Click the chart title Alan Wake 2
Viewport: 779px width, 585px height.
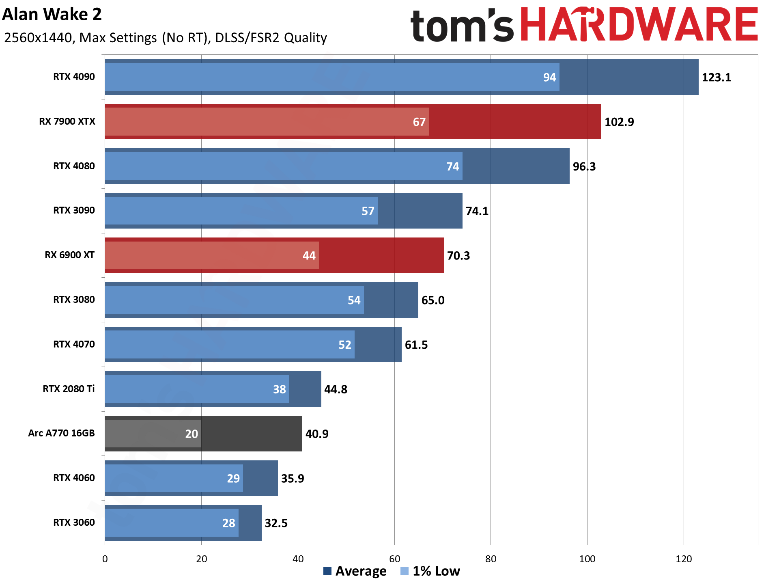[x=52, y=15]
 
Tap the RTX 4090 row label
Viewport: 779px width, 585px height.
[x=74, y=77]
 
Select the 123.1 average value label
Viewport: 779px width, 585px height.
[x=716, y=77]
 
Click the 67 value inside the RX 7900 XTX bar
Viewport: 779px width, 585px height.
[x=419, y=122]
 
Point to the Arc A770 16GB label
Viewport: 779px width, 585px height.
[x=61, y=433]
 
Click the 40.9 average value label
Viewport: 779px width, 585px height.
[x=317, y=434]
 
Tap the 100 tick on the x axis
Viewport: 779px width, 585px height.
[x=587, y=559]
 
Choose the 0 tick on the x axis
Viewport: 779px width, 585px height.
[x=105, y=559]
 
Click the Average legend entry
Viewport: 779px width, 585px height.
[x=355, y=571]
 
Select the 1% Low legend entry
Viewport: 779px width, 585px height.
[x=430, y=571]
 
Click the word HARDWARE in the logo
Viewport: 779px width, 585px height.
[x=639, y=25]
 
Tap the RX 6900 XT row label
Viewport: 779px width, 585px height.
[x=69, y=255]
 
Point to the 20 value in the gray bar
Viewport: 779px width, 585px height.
[x=192, y=434]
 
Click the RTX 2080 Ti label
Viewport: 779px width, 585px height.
[x=69, y=389]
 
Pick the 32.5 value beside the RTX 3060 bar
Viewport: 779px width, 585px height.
[x=276, y=523]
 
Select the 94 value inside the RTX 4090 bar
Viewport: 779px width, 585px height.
[x=549, y=77]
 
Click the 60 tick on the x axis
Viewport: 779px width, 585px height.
[x=394, y=559]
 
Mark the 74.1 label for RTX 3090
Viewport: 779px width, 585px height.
[x=477, y=211]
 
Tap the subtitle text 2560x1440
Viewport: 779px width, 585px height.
[x=38, y=38]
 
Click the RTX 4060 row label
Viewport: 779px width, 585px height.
[x=74, y=478]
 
